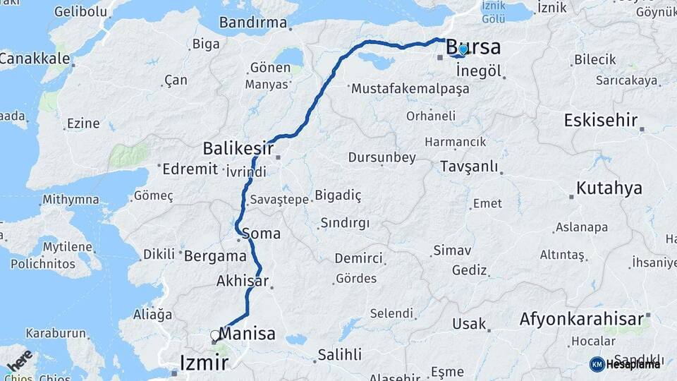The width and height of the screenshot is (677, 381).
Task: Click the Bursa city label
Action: click(474, 48)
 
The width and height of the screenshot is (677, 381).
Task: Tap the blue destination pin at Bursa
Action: click(462, 50)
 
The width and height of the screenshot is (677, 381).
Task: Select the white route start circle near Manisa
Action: click(215, 335)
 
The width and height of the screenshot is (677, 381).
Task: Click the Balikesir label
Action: click(238, 148)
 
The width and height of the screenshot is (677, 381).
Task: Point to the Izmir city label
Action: click(204, 363)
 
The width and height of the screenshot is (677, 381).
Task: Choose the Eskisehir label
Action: click(600, 120)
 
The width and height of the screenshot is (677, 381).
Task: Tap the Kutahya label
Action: click(609, 188)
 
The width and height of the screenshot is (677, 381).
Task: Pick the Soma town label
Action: click(261, 233)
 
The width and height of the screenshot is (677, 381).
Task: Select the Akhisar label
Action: click(243, 282)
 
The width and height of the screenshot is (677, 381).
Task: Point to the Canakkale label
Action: click(34, 58)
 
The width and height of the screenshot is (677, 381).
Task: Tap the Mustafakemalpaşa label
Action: click(409, 90)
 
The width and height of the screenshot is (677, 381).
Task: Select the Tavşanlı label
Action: click(468, 167)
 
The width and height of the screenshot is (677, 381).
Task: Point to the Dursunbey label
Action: click(382, 157)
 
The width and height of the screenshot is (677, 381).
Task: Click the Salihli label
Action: click(339, 354)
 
